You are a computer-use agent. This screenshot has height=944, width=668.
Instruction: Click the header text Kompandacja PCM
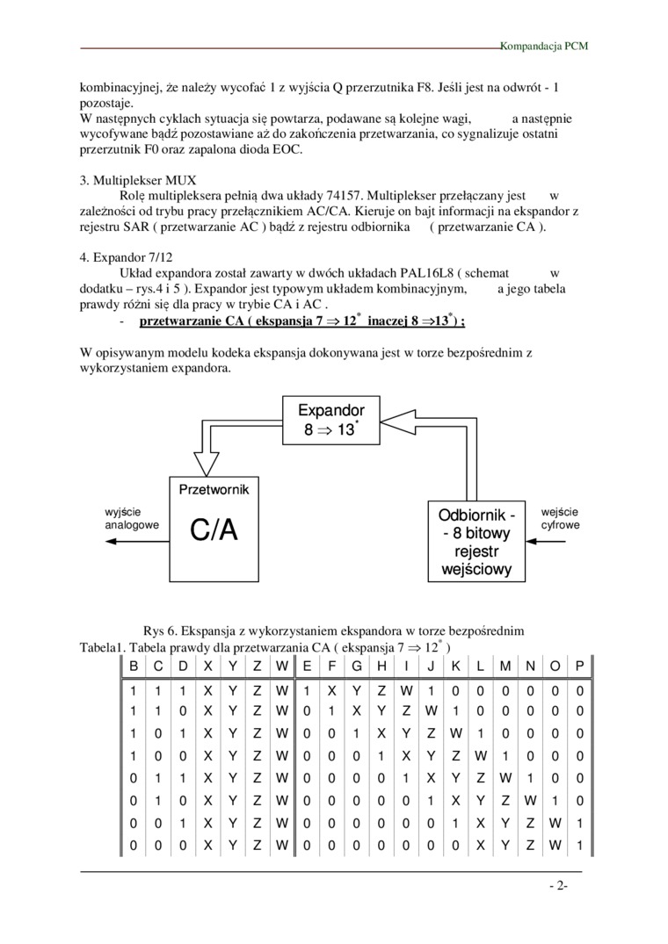(x=544, y=45)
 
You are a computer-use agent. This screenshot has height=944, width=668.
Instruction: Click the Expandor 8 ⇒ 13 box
(x=330, y=419)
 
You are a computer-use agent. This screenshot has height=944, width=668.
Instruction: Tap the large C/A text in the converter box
(x=214, y=530)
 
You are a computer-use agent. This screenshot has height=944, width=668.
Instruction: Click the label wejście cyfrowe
(x=560, y=518)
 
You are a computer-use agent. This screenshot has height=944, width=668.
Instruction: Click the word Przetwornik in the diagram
(x=214, y=489)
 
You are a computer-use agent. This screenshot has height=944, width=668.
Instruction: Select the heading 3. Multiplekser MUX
(x=138, y=180)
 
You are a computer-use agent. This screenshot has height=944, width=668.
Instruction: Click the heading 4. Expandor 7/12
(x=130, y=258)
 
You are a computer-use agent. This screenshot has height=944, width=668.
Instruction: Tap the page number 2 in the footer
(x=558, y=886)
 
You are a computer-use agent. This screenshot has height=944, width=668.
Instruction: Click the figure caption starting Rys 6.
(x=333, y=631)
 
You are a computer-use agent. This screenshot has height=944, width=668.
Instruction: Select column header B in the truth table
(x=133, y=667)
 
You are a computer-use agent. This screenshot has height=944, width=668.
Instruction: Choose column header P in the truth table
(x=579, y=667)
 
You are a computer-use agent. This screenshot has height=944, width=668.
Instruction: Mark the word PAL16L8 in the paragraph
(x=410, y=274)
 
